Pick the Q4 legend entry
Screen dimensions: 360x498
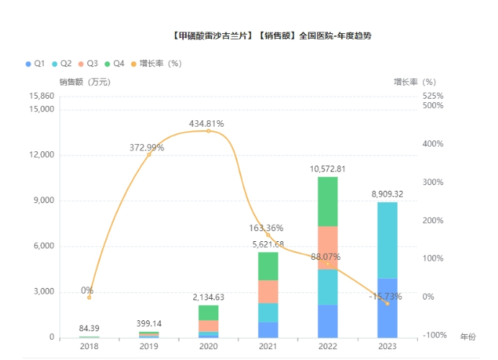tap(115, 64)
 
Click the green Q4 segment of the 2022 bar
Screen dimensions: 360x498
tap(328, 202)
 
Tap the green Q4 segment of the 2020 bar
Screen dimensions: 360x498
tap(208, 312)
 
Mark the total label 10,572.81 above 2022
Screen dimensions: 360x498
tap(328, 169)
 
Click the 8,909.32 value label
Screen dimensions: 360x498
tap(388, 194)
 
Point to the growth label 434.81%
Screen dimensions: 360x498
tap(207, 124)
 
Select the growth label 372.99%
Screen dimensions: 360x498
tap(147, 148)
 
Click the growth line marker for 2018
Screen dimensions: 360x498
tap(89, 297)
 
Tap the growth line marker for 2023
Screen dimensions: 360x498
tap(388, 303)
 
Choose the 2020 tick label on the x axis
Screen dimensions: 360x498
tap(208, 346)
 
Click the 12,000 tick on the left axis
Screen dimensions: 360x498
tap(42, 156)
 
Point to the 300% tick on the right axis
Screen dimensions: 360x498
tap(432, 182)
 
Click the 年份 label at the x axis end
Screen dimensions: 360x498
tap(468, 337)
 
